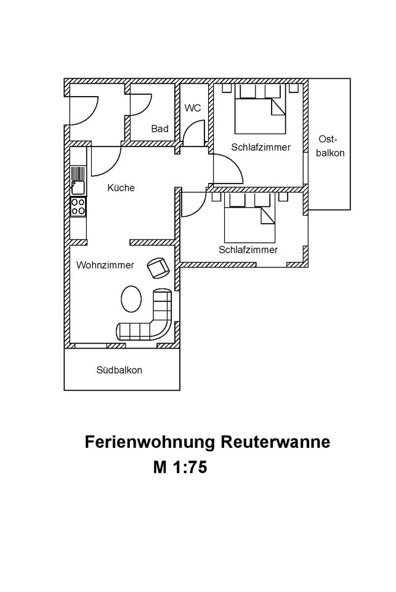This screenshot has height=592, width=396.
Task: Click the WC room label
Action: [x=193, y=108]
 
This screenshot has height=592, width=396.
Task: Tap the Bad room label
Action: [x=160, y=129]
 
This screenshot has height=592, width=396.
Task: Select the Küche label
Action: [x=121, y=188]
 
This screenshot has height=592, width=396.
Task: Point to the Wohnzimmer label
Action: [x=105, y=265]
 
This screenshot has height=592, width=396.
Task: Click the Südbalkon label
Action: [x=119, y=370]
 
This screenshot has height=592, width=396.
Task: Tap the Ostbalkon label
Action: [x=330, y=146]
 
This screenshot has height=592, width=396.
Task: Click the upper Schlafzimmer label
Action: [x=261, y=147]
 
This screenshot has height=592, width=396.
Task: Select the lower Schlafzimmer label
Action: [x=248, y=249]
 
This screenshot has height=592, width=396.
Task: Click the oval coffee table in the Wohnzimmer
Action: [x=131, y=298]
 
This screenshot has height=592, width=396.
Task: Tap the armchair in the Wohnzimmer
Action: [x=158, y=268]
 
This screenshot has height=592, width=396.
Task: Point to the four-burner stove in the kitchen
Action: [x=78, y=206]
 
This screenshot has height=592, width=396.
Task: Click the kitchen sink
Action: [x=78, y=180]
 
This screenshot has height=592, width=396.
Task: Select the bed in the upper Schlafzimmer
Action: [x=260, y=109]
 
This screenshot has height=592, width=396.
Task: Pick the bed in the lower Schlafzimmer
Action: [x=249, y=218]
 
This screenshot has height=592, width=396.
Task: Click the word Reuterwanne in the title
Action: [x=275, y=442]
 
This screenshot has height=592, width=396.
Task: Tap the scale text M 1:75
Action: [x=180, y=467]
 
